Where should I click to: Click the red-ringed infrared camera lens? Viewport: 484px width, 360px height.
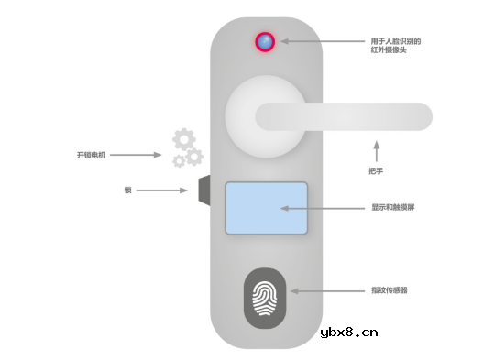[266, 42]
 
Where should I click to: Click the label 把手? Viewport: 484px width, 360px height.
[375, 171]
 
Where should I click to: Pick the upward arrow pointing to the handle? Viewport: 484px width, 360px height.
[375, 150]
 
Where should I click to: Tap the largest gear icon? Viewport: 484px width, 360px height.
[184, 140]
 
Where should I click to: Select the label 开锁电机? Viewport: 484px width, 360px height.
[92, 155]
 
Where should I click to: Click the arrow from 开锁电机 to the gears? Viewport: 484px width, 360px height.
[137, 155]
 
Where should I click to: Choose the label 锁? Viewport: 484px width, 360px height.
[127, 191]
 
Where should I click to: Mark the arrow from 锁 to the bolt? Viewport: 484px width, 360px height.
[164, 191]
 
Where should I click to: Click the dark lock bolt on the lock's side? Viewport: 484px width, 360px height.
[205, 190]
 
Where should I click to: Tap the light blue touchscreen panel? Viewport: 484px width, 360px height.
[266, 208]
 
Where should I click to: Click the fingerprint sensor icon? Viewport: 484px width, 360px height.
[266, 298]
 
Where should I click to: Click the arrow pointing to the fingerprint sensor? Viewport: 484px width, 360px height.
[321, 291]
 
